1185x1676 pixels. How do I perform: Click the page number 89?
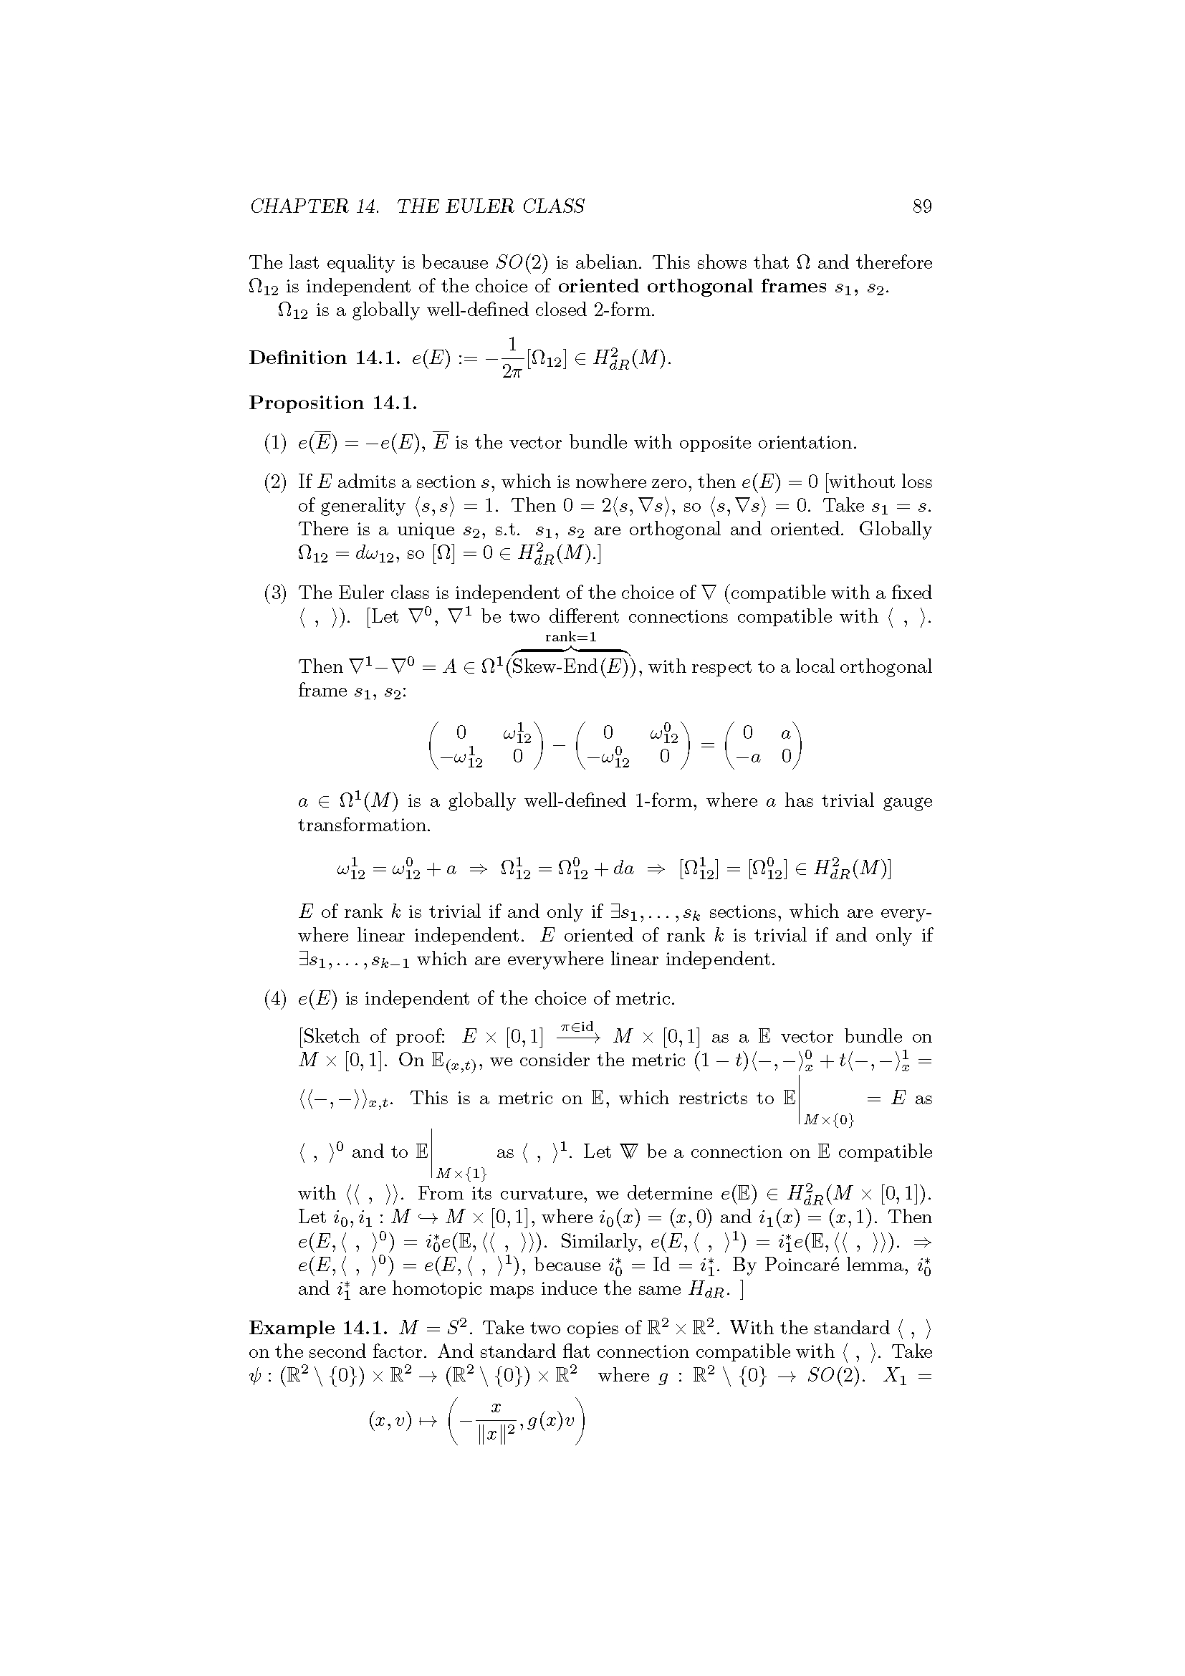[921, 206]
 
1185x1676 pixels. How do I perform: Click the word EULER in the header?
[461, 206]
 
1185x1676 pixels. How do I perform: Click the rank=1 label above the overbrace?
[570, 636]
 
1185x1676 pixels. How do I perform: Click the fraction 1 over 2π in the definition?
[512, 358]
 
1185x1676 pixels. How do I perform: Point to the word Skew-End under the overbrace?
[555, 667]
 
